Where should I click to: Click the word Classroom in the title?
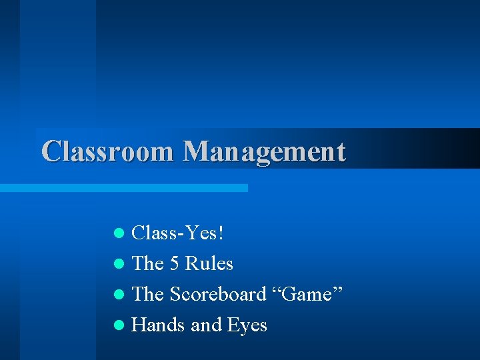tap(107, 151)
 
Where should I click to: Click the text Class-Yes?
tap(178, 233)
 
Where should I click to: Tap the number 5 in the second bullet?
tap(174, 264)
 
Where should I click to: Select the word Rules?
tap(209, 264)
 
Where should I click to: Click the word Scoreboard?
tap(217, 294)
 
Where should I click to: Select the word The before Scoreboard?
tap(148, 294)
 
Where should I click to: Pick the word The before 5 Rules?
tap(148, 264)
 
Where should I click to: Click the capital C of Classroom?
tap(51, 151)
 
